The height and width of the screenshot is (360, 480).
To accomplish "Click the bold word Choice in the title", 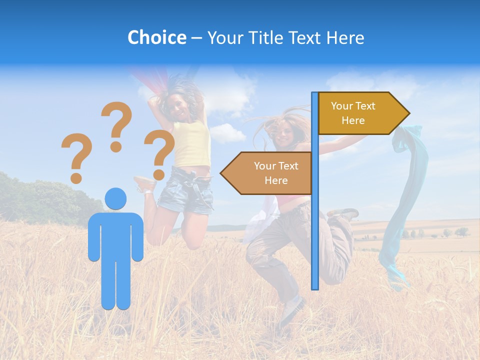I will tap(156, 37).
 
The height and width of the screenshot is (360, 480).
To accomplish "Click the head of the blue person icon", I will tap(115, 199).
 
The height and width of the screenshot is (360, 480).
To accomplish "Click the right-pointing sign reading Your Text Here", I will tap(360, 113).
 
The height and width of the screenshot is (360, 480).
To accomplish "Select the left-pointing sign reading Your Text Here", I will tap(270, 173).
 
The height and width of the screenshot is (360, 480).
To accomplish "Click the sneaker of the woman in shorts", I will tap(145, 184).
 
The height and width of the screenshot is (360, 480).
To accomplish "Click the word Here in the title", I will tap(345, 38).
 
